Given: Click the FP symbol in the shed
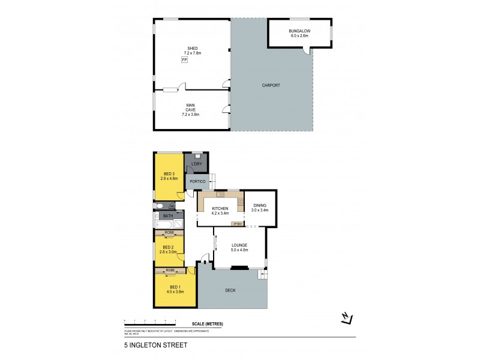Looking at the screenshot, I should click(x=184, y=61).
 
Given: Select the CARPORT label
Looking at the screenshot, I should click(x=271, y=85).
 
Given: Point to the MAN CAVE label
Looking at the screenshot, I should click(x=190, y=107).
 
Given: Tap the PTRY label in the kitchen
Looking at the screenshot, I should click(x=238, y=224).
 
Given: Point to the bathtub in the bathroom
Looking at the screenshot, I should click(x=164, y=225).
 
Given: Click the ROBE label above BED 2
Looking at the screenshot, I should click(x=170, y=233).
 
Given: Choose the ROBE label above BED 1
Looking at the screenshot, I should click(x=170, y=271).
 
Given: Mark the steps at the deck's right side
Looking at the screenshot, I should click(x=262, y=275).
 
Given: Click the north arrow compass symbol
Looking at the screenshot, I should click(x=347, y=319).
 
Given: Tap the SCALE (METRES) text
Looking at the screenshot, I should click(x=208, y=324).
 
